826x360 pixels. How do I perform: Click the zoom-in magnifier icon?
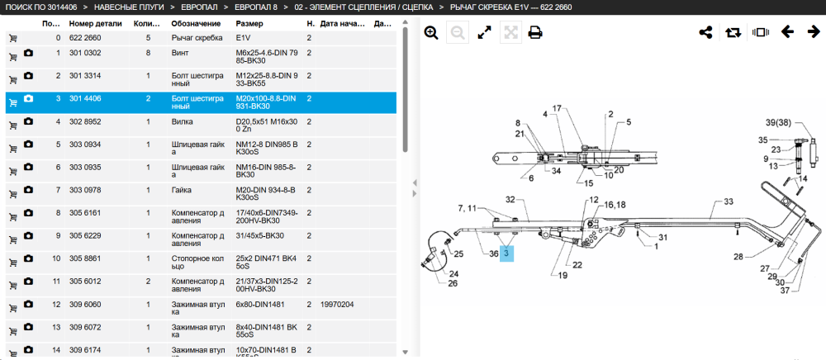(431, 33)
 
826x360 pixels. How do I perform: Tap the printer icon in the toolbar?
(535, 33)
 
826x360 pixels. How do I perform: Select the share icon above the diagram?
(705, 33)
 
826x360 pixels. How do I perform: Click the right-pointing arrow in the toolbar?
(814, 32)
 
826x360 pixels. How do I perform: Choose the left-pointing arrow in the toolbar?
(787, 32)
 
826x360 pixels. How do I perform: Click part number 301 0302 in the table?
(85, 53)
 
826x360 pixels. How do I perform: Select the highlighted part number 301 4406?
(85, 98)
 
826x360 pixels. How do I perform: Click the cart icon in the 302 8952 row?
(13, 126)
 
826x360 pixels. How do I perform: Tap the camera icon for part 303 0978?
(28, 190)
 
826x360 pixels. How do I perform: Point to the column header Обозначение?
(196, 24)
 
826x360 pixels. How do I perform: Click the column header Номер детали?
(95, 24)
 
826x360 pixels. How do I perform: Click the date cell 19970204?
(338, 305)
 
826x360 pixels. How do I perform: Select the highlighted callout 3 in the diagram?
(506, 253)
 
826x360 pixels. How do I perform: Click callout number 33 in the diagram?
(728, 201)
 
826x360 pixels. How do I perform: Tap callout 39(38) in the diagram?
(778, 123)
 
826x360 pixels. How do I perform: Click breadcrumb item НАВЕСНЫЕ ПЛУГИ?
(133, 7)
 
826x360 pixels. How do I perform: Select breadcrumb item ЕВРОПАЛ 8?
(255, 7)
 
